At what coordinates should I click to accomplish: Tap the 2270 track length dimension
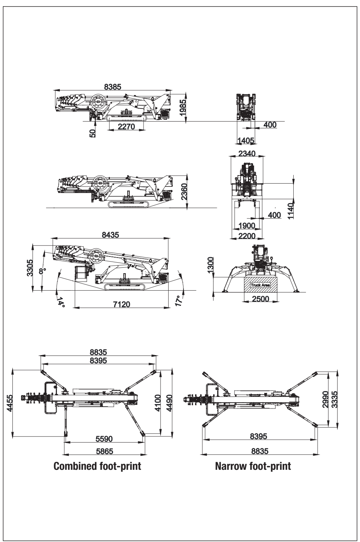tap(127, 127)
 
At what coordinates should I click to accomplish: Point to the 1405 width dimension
tap(246, 140)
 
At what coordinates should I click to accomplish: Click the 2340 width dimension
tap(247, 153)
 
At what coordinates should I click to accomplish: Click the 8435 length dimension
tap(110, 234)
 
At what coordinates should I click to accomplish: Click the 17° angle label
tap(178, 300)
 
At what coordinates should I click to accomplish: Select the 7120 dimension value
tap(121, 304)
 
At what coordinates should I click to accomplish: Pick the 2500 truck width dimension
tap(260, 299)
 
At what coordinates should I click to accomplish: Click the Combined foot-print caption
tap(97, 466)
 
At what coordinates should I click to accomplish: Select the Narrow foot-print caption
tap(253, 466)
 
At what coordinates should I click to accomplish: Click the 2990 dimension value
tap(325, 399)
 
